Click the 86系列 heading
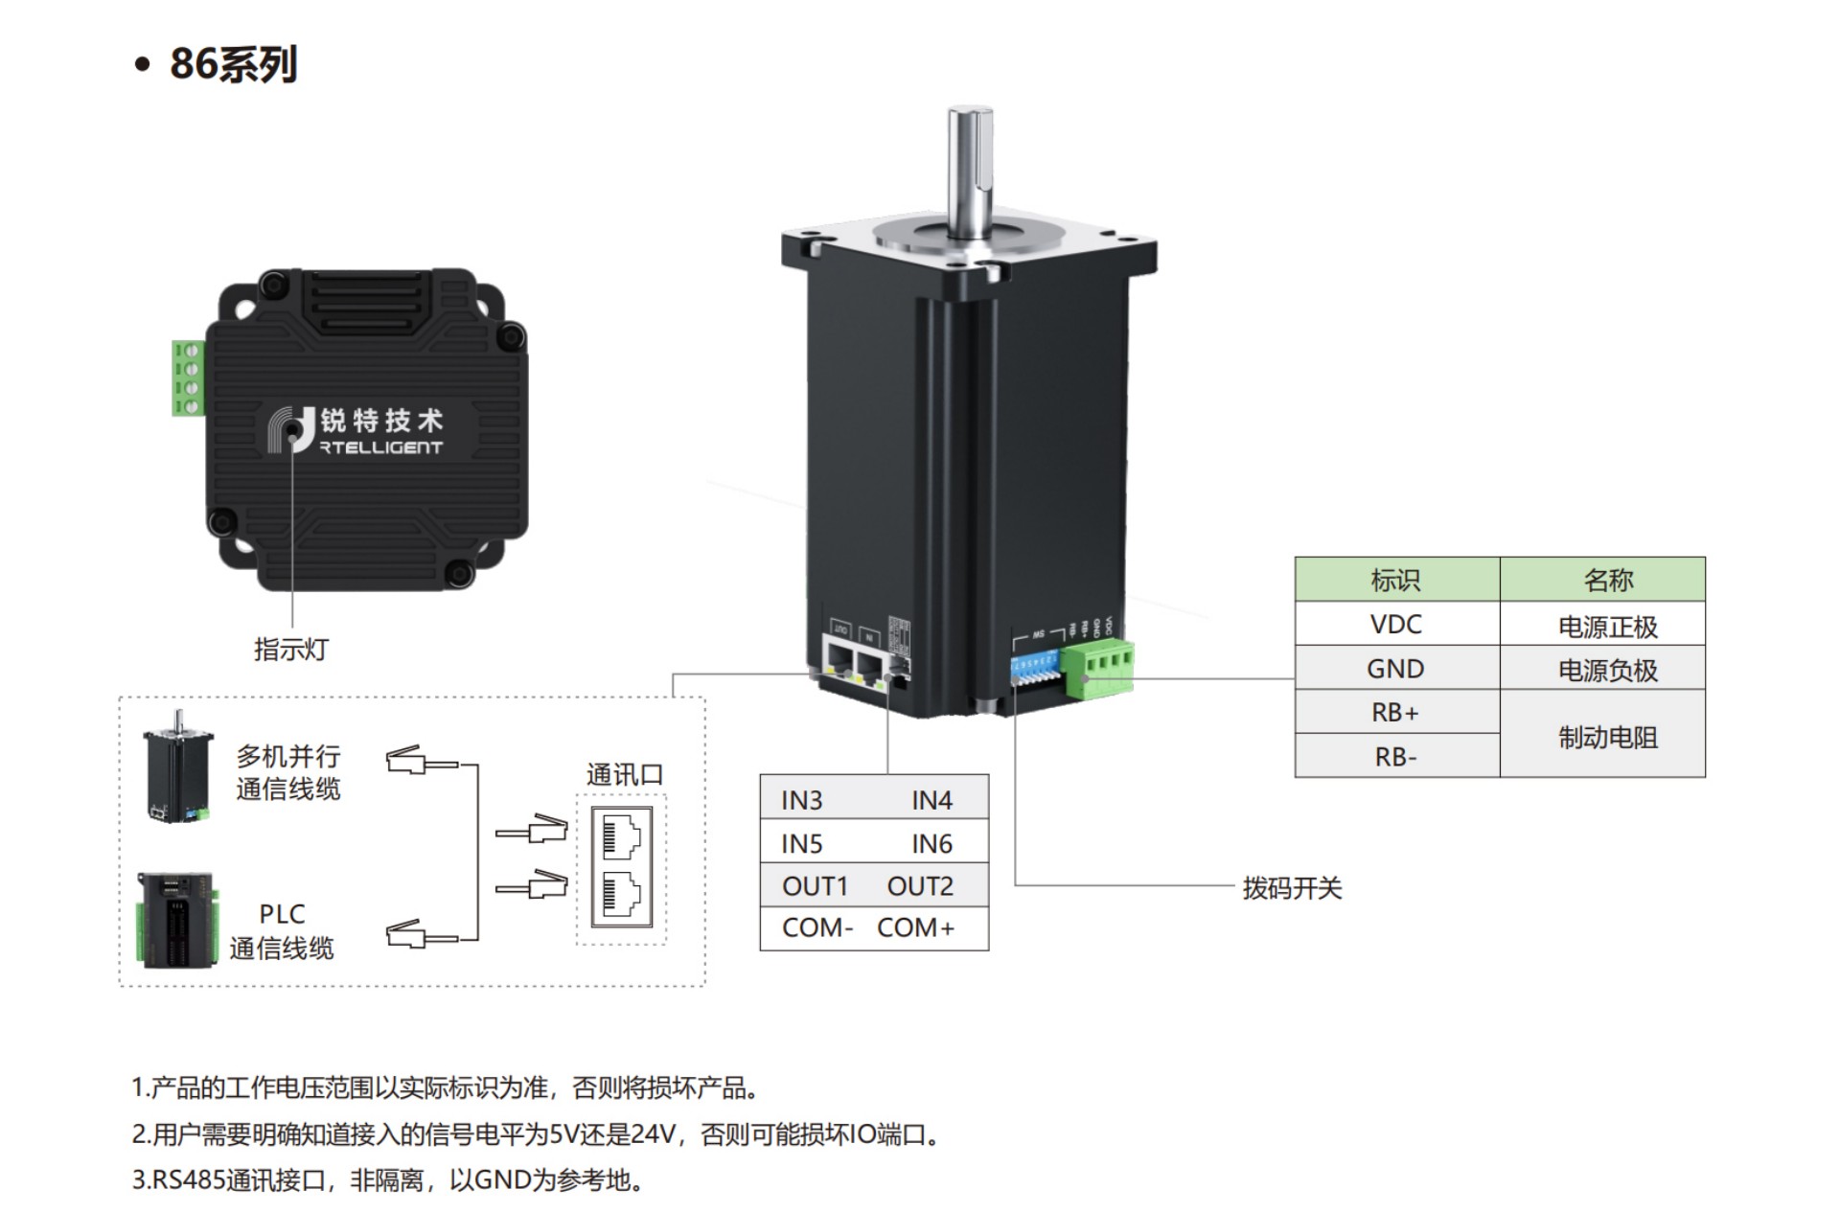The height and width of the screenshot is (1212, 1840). pyautogui.click(x=233, y=64)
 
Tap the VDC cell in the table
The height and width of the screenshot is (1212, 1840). pyautogui.click(x=1395, y=625)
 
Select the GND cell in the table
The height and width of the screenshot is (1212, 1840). pyautogui.click(x=1395, y=669)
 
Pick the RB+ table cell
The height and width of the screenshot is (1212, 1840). pyautogui.click(x=1395, y=713)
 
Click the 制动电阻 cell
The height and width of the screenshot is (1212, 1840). pyautogui.click(x=1607, y=737)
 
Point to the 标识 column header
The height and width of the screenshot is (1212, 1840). pyautogui.click(x=1395, y=580)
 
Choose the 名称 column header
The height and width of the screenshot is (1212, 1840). pyautogui.click(x=1607, y=580)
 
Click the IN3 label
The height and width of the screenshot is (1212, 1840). pyautogui.click(x=802, y=800)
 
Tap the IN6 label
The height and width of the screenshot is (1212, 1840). pyautogui.click(x=931, y=844)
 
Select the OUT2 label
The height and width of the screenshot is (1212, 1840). pyautogui.click(x=920, y=886)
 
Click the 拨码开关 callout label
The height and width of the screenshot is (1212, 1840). pyautogui.click(x=1292, y=888)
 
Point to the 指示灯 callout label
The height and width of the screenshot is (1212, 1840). pyautogui.click(x=290, y=650)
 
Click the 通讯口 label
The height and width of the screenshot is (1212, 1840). pyautogui.click(x=625, y=774)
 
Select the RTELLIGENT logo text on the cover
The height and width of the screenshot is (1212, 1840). pyautogui.click(x=381, y=447)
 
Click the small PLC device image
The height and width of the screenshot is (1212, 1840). pyautogui.click(x=175, y=920)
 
